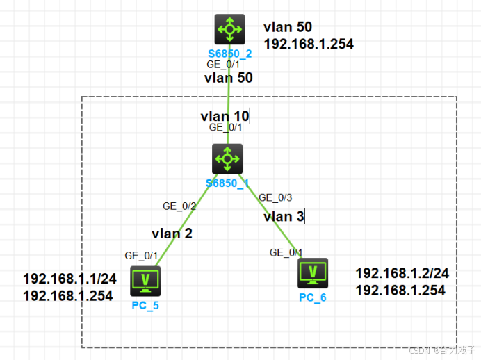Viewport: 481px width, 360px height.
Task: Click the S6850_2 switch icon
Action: (228, 30)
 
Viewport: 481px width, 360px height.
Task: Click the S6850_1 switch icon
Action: (227, 159)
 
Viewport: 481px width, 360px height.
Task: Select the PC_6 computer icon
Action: (312, 273)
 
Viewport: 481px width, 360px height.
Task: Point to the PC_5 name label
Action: (145, 304)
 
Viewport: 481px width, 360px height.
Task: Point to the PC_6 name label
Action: (313, 297)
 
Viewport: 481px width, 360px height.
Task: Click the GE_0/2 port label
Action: (179, 206)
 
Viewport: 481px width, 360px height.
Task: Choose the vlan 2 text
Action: (172, 234)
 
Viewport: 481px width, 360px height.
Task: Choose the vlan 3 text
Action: (284, 217)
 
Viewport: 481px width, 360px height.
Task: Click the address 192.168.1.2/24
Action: (402, 273)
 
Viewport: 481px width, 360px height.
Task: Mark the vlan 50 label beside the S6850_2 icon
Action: (288, 27)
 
